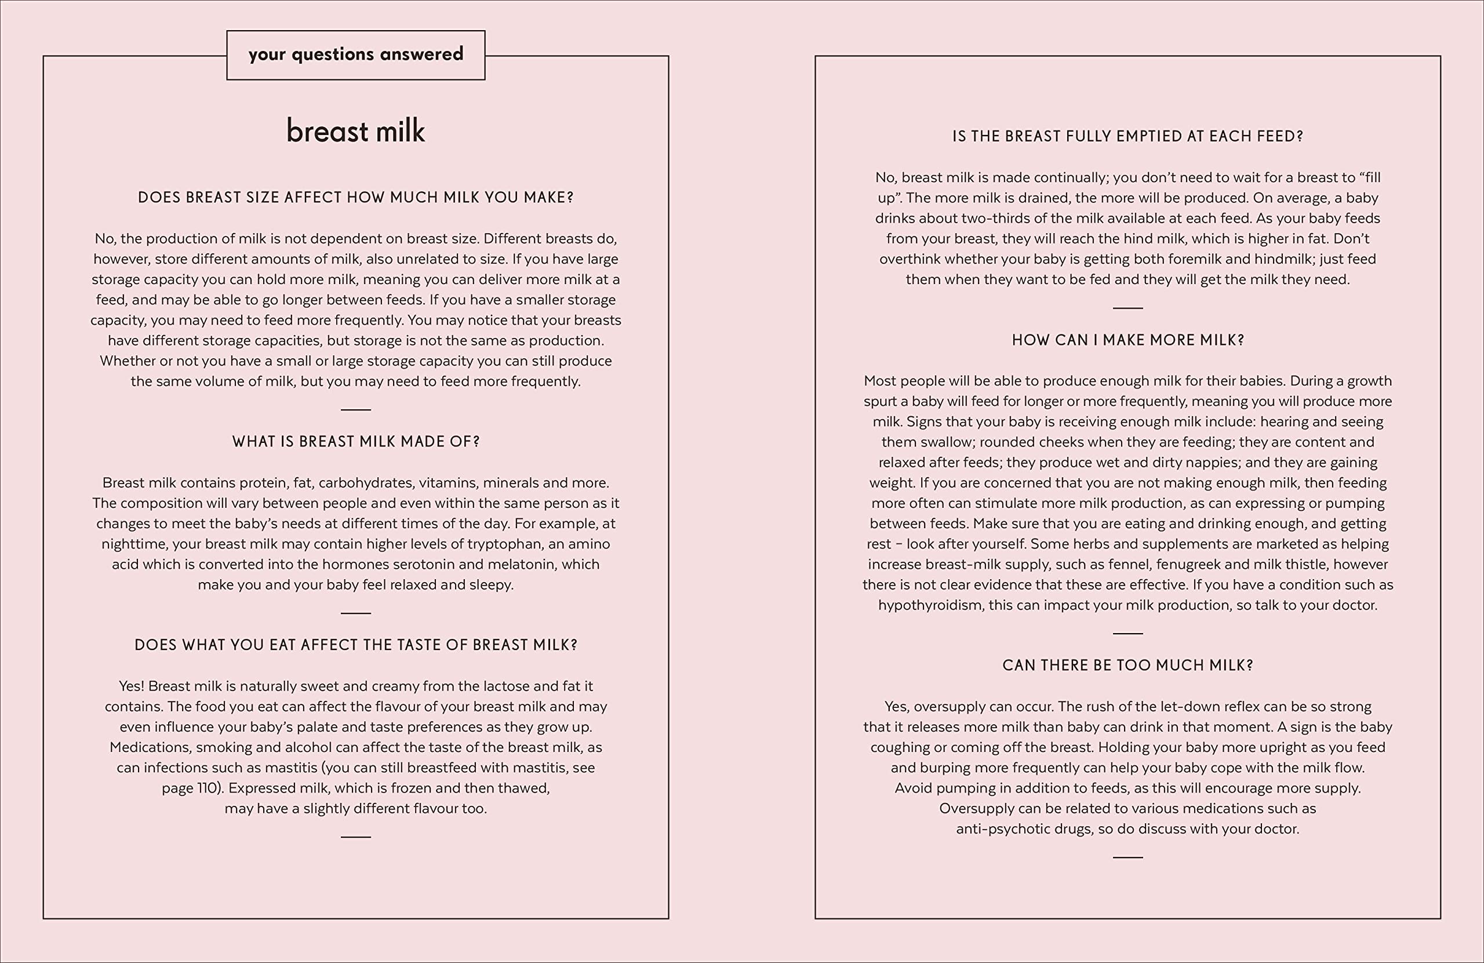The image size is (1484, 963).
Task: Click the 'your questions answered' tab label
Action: [x=355, y=54]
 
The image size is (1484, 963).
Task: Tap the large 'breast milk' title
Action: [x=355, y=131]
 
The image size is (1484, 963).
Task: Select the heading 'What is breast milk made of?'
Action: [x=355, y=442]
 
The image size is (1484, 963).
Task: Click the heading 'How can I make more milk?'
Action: [x=1127, y=340]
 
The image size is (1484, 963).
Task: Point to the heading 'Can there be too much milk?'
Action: [x=1127, y=666]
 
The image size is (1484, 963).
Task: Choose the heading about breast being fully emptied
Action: [x=1127, y=137]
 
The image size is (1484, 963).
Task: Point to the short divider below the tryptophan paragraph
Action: [x=355, y=613]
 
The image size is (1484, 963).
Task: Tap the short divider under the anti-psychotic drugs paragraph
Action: [x=1127, y=857]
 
